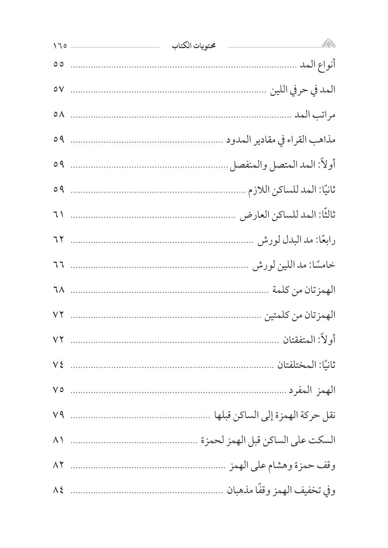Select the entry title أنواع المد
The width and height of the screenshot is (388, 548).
coord(318,65)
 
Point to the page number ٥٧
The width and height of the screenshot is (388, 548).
coord(59,90)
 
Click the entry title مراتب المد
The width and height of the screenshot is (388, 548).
coord(315,115)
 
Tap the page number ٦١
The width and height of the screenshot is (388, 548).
coord(59,214)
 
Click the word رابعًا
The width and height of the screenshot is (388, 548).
coord(327,240)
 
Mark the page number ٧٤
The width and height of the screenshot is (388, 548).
coord(59,365)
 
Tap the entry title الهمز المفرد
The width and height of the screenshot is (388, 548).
coord(311,390)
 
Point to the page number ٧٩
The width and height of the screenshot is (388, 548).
coord(59,415)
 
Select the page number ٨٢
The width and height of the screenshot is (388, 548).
coord(59,465)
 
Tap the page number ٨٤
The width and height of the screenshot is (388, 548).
coord(59,490)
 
